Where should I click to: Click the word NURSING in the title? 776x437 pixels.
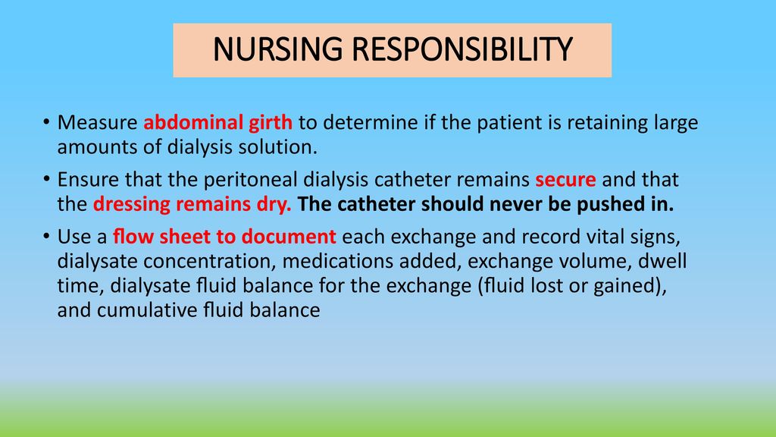coord(277,49)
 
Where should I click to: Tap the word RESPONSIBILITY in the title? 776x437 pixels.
coord(462,49)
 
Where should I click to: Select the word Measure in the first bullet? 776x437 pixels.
coord(98,122)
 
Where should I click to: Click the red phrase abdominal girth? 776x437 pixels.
coord(217,123)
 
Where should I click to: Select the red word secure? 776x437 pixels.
coord(565,180)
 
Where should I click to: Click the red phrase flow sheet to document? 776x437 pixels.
coord(224,237)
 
